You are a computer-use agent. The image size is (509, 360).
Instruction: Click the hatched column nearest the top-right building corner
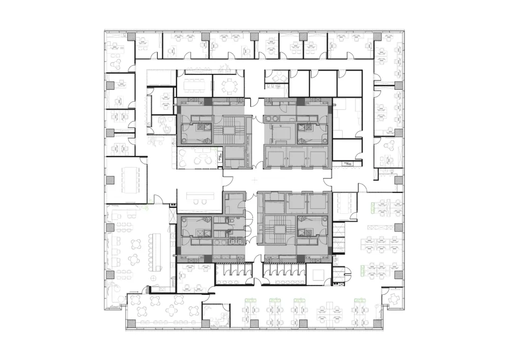(377, 36)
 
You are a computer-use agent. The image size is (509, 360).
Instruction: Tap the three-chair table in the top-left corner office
(118, 51)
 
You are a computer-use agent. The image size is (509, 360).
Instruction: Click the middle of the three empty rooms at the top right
(323, 82)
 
